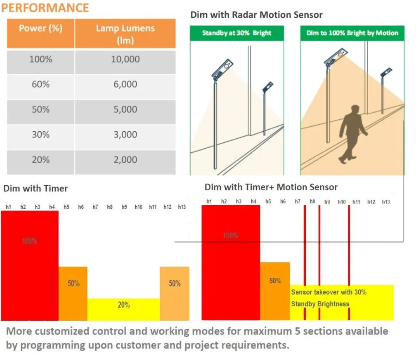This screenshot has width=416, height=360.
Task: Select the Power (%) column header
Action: point(40,29)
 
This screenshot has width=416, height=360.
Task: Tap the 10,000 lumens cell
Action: point(125,59)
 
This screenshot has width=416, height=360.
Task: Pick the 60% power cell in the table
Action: point(40,85)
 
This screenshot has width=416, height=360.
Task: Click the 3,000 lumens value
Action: point(125,135)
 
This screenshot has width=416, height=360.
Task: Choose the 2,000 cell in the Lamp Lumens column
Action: point(125,160)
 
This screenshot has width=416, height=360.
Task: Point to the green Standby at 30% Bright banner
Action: point(237,33)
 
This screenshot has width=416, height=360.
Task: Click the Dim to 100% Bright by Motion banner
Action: point(352,33)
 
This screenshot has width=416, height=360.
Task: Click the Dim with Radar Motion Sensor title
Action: point(256,15)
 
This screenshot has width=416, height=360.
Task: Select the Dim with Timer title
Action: point(35,189)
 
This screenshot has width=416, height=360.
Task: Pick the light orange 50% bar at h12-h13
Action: point(175,293)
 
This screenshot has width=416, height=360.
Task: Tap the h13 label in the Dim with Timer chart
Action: point(182,207)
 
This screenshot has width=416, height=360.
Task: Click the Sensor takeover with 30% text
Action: point(329,292)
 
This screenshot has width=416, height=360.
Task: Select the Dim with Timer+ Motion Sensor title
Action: point(271,187)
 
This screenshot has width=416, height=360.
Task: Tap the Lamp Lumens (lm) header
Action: point(125,34)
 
